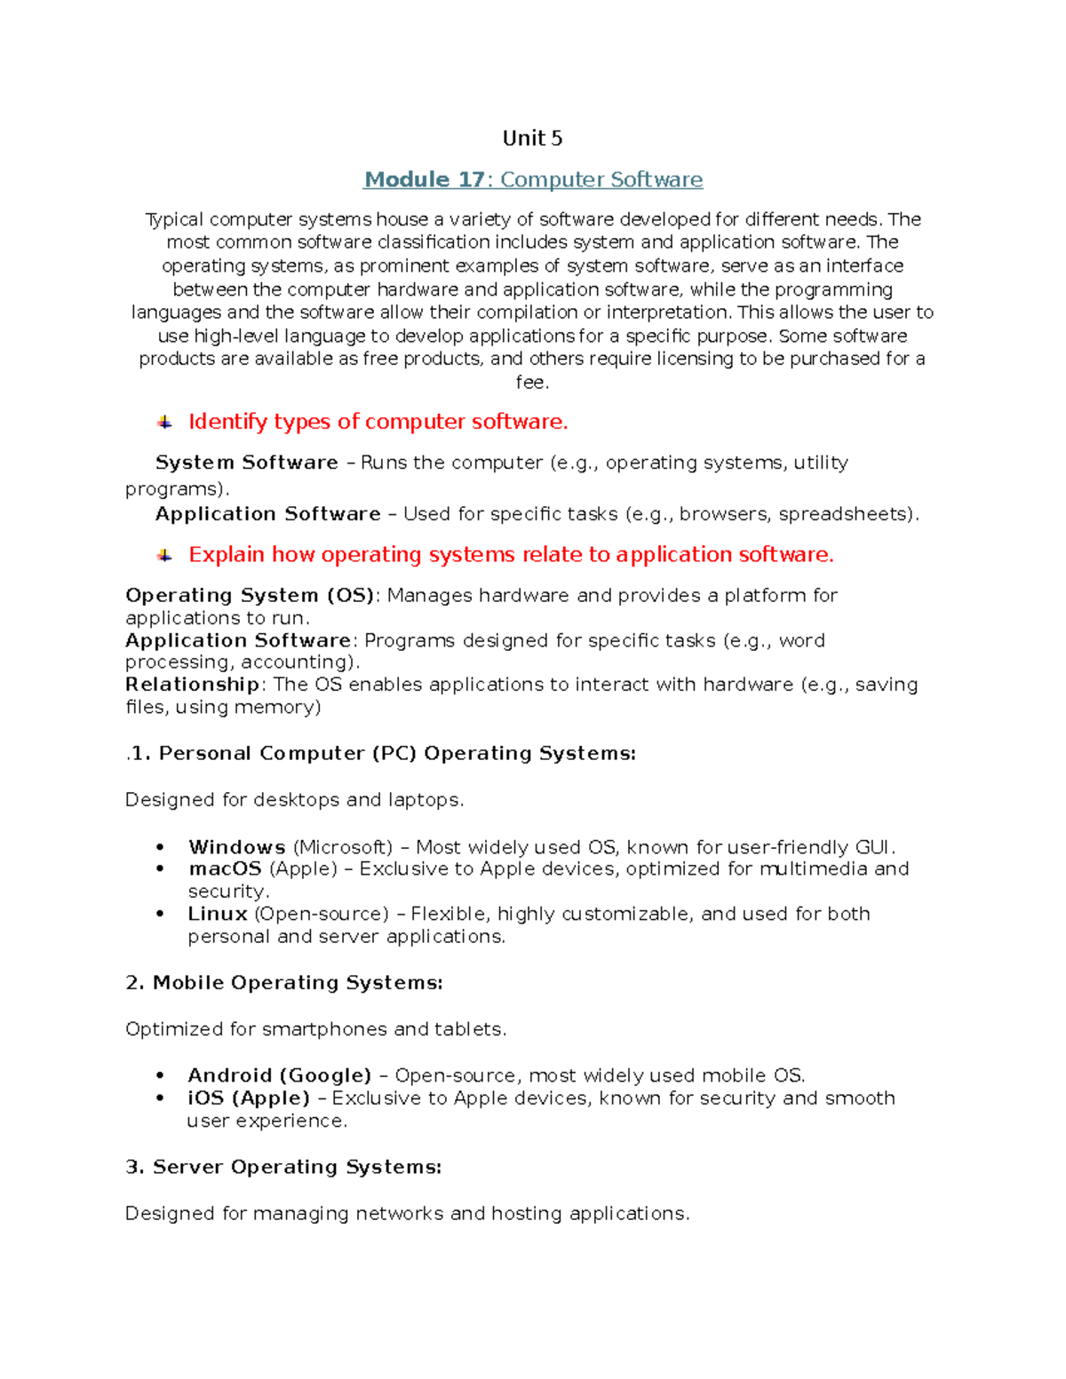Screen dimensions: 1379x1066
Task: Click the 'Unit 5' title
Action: pos(532,139)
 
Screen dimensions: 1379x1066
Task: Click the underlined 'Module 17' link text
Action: pos(424,180)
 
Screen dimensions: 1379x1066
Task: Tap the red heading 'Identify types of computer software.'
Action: pos(378,422)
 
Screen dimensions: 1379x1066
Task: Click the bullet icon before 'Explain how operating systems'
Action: pos(164,555)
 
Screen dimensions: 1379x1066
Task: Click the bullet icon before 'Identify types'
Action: pos(164,423)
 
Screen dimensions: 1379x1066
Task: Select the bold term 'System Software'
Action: pos(246,463)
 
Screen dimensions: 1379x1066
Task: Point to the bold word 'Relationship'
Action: pos(192,685)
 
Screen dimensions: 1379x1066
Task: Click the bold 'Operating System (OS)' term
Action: pos(250,595)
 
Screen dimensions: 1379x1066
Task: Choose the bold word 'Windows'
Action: pos(236,847)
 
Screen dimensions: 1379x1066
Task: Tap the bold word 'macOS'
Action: pos(225,868)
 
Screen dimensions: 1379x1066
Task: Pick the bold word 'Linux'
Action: pos(218,914)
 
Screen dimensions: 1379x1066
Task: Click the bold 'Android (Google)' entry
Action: pos(279,1075)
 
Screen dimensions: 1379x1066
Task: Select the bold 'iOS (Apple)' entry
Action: pos(249,1098)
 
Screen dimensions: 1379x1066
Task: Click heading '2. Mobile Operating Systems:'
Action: pos(284,983)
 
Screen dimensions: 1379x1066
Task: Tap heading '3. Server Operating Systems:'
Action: pos(283,1167)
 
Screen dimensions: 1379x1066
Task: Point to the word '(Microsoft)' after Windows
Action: pos(342,847)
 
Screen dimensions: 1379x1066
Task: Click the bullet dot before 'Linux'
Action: pos(160,914)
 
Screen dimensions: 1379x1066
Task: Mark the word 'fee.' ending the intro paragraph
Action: pos(532,383)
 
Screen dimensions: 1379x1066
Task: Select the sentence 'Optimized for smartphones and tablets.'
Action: pos(315,1029)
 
